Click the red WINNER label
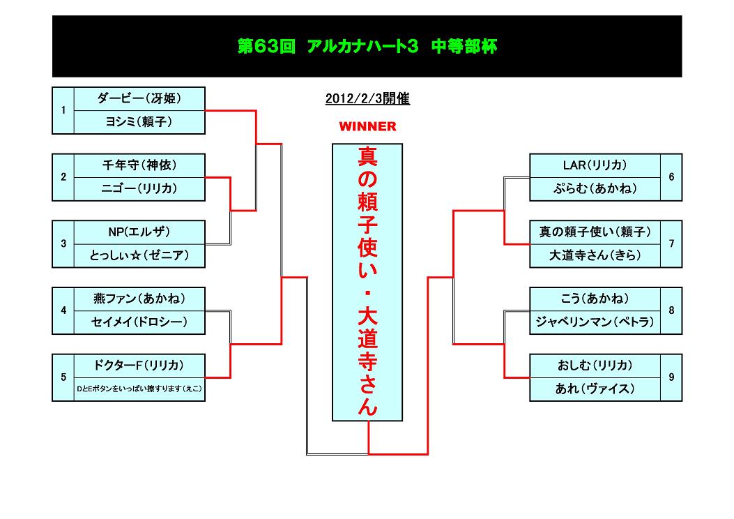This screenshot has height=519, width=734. [367, 126]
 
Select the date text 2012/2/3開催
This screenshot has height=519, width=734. [367, 99]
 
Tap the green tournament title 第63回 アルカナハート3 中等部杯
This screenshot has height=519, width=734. [367, 46]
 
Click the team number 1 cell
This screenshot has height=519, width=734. [63, 110]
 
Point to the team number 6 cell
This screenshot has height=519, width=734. [671, 177]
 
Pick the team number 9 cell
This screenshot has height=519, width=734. [671, 377]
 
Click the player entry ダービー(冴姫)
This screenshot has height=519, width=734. [139, 98]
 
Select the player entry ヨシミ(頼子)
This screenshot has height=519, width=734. [139, 122]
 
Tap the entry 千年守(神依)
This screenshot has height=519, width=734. [139, 165]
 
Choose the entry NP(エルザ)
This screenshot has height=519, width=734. [139, 232]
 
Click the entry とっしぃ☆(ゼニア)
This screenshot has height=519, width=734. [139, 255]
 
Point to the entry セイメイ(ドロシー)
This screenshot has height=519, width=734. [139, 322]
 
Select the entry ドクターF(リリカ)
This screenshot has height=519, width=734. [139, 366]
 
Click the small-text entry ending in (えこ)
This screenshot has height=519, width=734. [139, 389]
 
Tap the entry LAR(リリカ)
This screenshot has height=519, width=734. [595, 165]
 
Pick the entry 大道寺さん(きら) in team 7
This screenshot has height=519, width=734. [595, 255]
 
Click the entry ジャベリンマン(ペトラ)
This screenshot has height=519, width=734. [595, 322]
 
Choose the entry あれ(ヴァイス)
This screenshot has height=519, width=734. [595, 389]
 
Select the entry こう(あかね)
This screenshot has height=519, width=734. [595, 299]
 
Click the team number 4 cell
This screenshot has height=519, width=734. [63, 310]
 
